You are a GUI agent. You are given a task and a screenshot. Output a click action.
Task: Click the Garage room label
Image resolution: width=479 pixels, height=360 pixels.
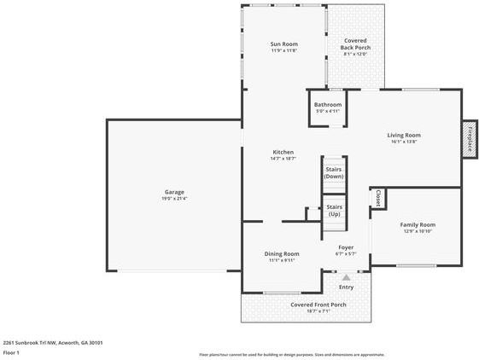pos(174,192)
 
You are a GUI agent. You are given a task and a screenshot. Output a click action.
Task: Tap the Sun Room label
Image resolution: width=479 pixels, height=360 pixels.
pos(283,44)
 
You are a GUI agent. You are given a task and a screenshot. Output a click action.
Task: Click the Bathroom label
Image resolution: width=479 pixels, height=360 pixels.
pos(327,104)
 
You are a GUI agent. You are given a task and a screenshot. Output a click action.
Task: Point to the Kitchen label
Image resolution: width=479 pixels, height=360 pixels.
pos(283,152)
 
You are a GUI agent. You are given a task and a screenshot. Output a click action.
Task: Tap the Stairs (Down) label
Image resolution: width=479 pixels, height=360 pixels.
pos(333,172)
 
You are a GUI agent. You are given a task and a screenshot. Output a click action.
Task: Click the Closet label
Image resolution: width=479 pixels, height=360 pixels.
pos(377,198)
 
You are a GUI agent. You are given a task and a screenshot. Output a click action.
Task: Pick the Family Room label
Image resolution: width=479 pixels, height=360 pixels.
pos(418,224)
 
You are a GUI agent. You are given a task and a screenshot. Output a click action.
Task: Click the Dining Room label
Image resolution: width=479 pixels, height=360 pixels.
pos(282,253)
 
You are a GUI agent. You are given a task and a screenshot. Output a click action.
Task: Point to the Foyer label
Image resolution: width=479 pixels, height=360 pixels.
pos(345,247)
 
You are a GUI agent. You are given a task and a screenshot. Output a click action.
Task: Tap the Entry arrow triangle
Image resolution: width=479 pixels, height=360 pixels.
pos(346,277)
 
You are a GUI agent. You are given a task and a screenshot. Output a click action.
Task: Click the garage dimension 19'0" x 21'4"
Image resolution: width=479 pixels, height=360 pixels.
pos(174,199)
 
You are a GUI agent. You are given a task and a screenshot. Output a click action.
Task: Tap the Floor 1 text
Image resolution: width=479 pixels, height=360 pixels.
pos(11,352)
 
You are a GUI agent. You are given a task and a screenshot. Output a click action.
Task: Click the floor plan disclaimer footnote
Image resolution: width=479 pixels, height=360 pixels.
pos(291,354)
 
